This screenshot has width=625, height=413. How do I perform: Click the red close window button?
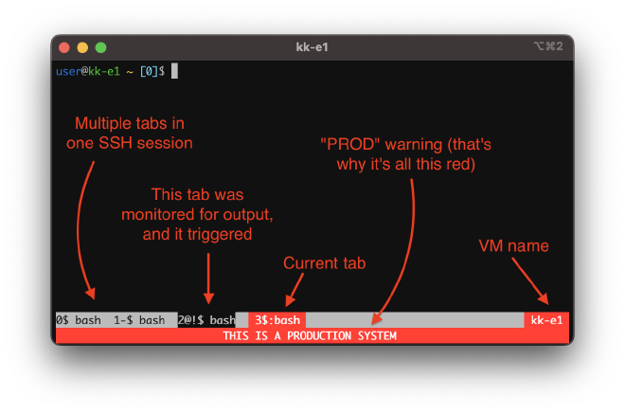click(64, 46)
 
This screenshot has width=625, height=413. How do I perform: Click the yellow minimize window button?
click(82, 46)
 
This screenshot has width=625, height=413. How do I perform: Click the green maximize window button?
click(100, 46)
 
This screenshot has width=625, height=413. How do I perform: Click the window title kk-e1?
click(312, 46)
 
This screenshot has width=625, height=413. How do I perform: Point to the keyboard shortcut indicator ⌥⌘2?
click(548, 46)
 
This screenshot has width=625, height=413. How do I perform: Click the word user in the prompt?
click(69, 71)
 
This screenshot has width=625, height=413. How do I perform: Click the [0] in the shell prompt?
click(149, 71)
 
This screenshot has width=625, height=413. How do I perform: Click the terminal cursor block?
click(174, 71)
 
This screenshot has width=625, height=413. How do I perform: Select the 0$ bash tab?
click(79, 320)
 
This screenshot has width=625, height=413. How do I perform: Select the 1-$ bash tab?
click(139, 320)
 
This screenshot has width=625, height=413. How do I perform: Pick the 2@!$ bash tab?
click(206, 320)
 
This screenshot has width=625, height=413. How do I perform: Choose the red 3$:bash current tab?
click(277, 320)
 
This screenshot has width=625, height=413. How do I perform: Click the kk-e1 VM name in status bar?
click(546, 320)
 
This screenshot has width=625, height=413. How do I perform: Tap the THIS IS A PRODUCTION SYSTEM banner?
click(310, 335)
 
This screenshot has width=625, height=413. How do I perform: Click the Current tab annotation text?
click(325, 262)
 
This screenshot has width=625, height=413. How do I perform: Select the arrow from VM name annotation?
click(527, 280)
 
